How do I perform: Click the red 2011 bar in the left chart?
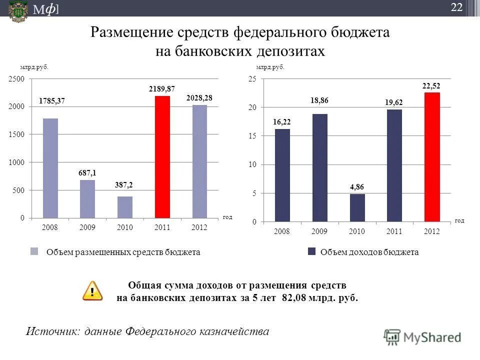click(x=162, y=157)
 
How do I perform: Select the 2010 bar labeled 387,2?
click(x=125, y=207)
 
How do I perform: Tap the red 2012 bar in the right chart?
click(x=431, y=156)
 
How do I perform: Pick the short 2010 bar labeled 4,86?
click(x=357, y=207)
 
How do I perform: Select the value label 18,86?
click(x=319, y=100)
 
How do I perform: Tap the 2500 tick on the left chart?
click(x=16, y=79)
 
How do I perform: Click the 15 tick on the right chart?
click(x=252, y=136)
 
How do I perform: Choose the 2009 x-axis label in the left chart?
click(x=87, y=227)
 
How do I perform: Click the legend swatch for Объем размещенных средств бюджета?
click(x=34, y=252)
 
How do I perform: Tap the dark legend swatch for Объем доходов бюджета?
click(x=311, y=252)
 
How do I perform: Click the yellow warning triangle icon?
click(x=92, y=290)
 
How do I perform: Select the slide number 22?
click(x=456, y=7)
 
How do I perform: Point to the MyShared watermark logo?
click(x=422, y=337)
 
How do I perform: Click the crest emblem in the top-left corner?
click(x=18, y=10)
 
